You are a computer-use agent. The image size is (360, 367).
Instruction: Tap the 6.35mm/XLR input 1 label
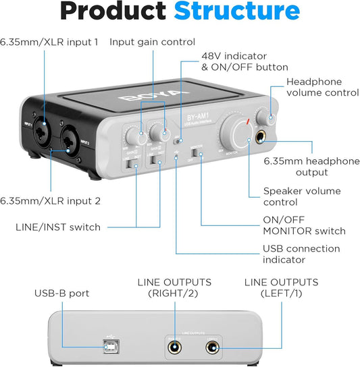49,42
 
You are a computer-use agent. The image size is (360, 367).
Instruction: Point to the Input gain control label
152,42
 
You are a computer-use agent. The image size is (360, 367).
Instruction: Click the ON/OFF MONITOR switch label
304,225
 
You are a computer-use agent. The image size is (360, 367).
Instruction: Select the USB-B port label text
62,293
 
